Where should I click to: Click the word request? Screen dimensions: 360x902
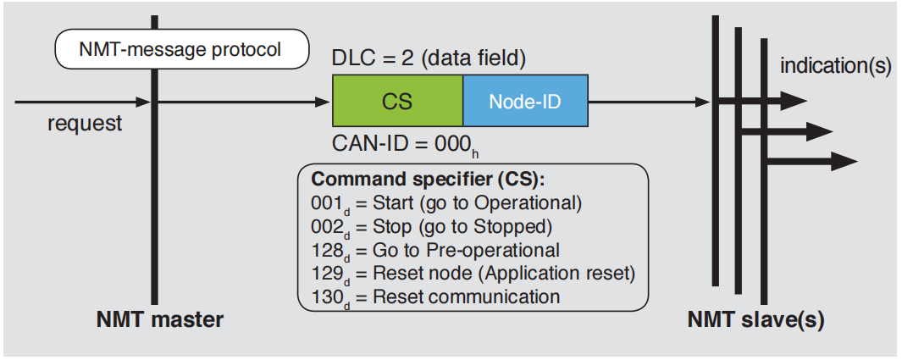[85, 124]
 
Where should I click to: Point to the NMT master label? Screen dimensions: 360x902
[160, 320]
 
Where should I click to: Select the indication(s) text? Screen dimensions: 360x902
[834, 66]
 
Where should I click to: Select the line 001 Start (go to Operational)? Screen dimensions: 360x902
[445, 203]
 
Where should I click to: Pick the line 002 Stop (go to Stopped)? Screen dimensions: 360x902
[432, 227]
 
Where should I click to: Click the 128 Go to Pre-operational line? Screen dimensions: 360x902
[435, 250]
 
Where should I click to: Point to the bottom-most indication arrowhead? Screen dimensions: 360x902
[844, 160]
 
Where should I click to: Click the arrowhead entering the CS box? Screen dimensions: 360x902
[324, 102]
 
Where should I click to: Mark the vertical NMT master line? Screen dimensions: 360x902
[154, 212]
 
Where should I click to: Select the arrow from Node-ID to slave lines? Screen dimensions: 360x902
[648, 102]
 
